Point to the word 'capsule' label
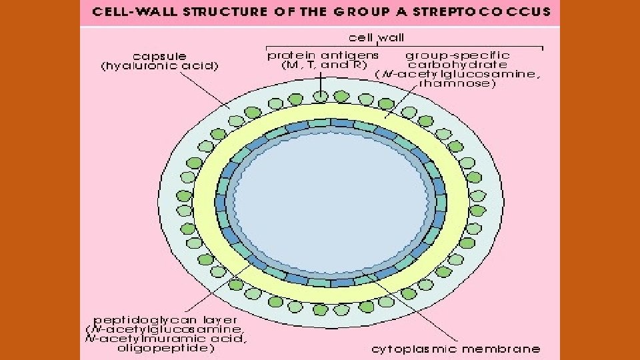pos(160,56)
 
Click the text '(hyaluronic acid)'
pos(159,66)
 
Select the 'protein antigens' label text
pos(323,55)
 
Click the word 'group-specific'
pos(457,55)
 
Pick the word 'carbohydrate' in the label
pos(457,65)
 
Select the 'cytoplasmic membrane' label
pos(455,349)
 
